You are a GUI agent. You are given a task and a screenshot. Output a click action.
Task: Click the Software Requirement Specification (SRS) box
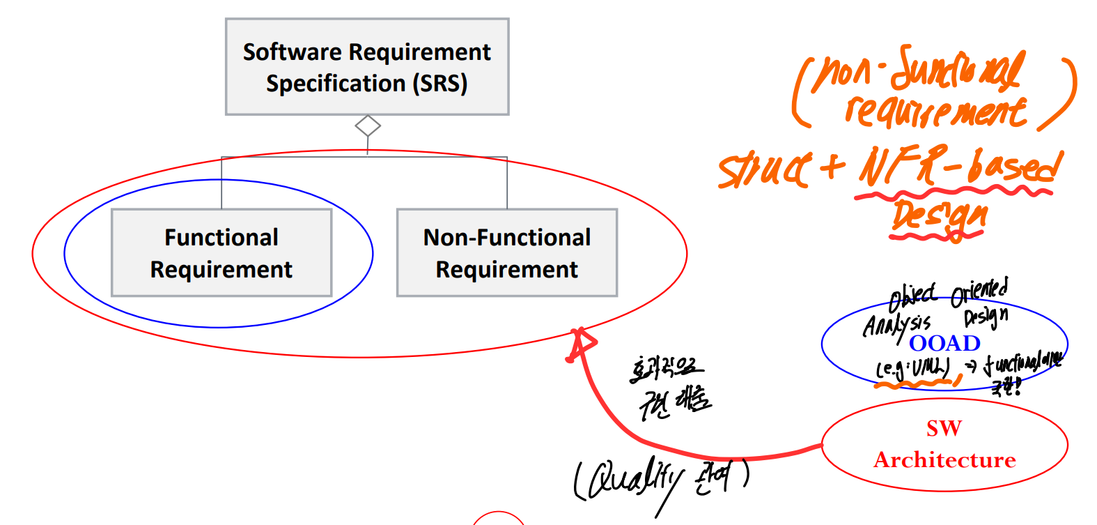(367, 66)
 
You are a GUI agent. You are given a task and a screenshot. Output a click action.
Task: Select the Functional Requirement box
(221, 252)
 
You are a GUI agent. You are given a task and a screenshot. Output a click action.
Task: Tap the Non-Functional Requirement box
(506, 252)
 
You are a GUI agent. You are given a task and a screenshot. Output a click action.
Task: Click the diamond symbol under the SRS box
(368, 126)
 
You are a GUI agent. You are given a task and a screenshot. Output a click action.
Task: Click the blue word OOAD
(944, 343)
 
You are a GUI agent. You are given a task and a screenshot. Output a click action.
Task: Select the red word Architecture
(944, 460)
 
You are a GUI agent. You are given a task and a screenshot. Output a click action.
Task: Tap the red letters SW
(944, 428)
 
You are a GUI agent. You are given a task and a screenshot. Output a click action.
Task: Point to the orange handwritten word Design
(940, 216)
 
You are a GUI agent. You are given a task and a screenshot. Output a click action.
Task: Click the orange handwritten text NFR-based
(961, 167)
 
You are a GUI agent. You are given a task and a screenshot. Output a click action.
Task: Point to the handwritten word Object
(912, 297)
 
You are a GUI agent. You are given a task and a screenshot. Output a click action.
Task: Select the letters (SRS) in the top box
(439, 84)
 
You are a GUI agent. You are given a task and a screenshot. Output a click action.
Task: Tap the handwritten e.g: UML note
(912, 367)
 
